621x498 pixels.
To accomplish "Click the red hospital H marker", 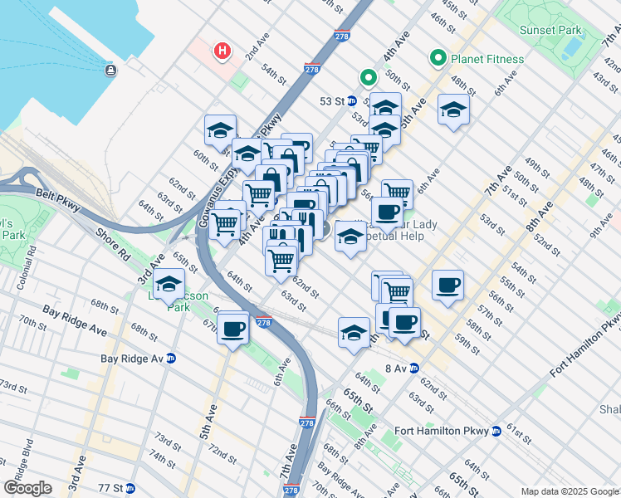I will tap(222, 51).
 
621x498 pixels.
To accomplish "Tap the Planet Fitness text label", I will tap(487, 59).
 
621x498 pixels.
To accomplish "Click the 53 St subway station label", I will tap(332, 101).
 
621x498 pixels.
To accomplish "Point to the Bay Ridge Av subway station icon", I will tap(171, 359).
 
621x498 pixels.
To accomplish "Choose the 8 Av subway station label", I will tap(399, 368).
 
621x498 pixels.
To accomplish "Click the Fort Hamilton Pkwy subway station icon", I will tap(496, 431).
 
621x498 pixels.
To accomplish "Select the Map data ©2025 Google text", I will tap(569, 491).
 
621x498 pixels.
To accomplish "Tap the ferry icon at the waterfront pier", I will tap(111, 70).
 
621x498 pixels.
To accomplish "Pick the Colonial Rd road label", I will tap(31, 261).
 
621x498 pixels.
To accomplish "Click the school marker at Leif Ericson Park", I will tap(169, 284).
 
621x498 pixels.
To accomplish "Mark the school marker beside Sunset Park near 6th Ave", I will tap(452, 109).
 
